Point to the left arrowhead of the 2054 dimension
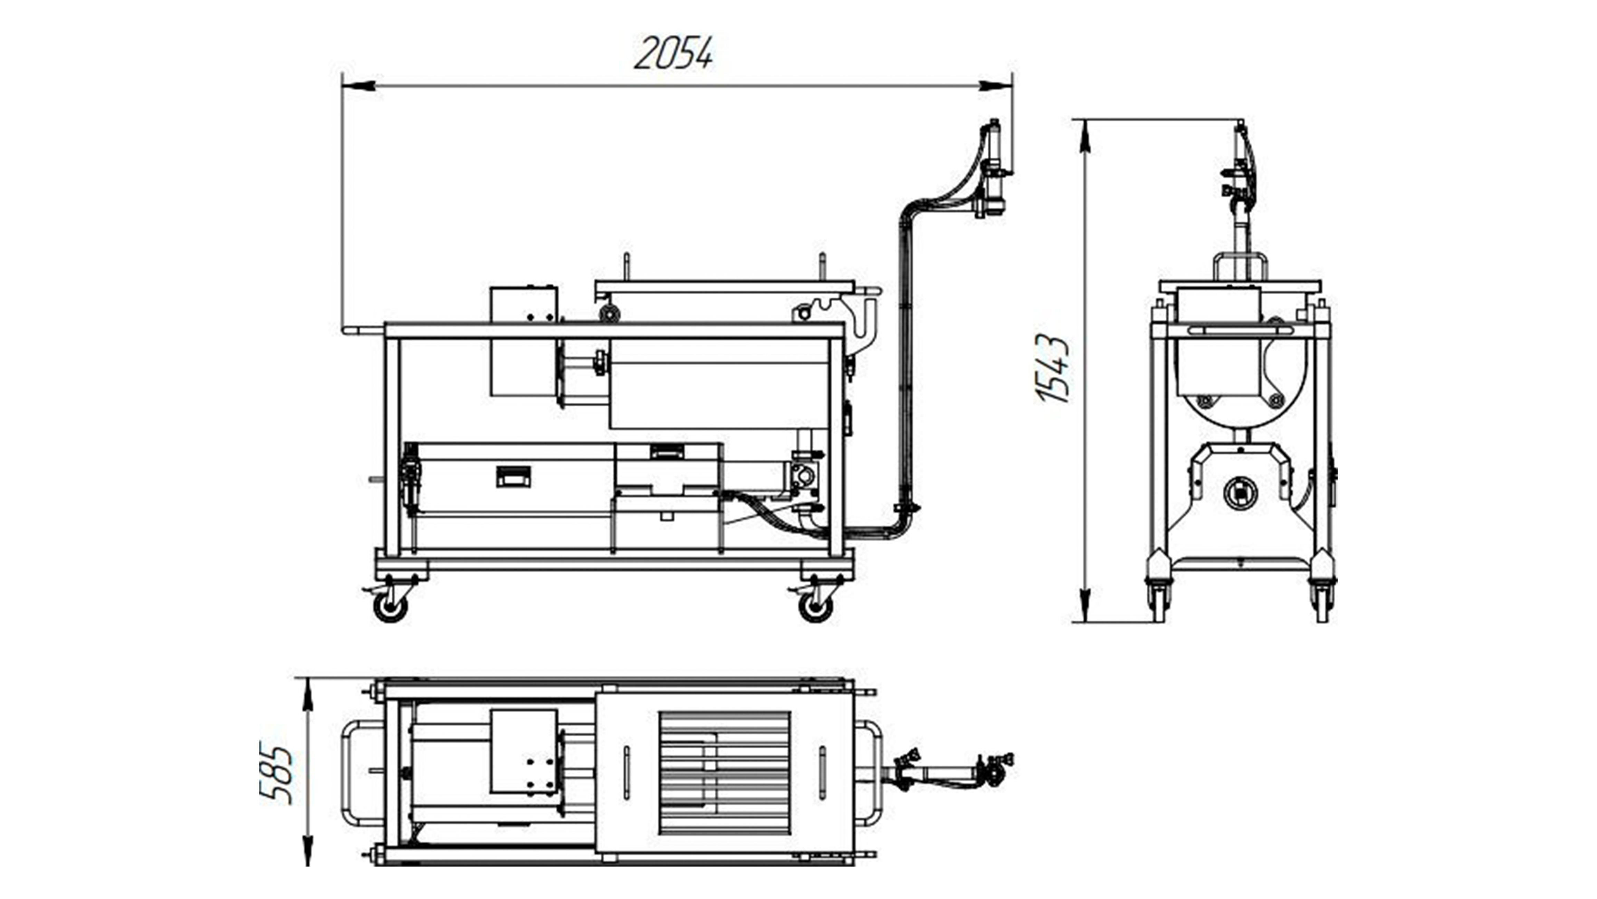coord(358,86)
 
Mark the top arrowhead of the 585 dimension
coord(307,695)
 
